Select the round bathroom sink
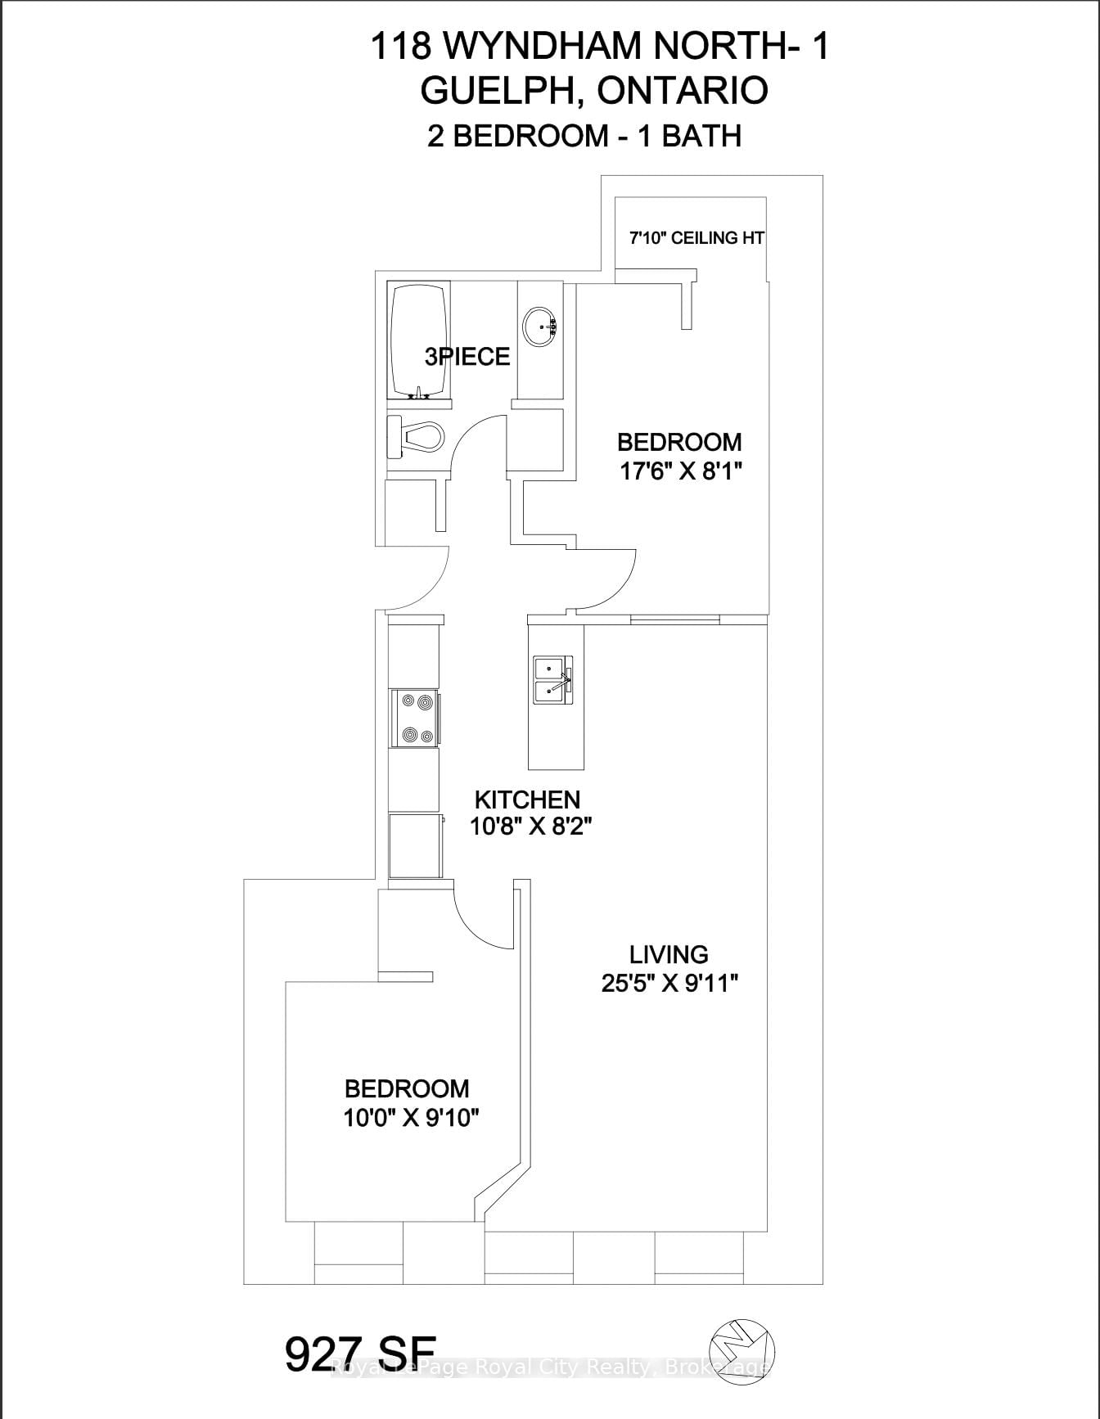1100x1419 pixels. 539,327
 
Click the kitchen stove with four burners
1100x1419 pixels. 415,719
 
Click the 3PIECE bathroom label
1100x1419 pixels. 467,357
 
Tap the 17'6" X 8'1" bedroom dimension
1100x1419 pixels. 679,472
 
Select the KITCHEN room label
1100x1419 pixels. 528,800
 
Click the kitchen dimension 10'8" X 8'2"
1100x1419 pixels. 530,827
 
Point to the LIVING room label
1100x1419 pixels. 669,954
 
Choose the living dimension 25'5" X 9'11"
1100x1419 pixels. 670,983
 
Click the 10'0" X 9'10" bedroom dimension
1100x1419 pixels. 410,1117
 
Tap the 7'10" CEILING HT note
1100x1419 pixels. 697,238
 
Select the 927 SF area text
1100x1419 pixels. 361,1354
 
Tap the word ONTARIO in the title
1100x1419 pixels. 683,90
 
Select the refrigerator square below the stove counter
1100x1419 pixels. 415,846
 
